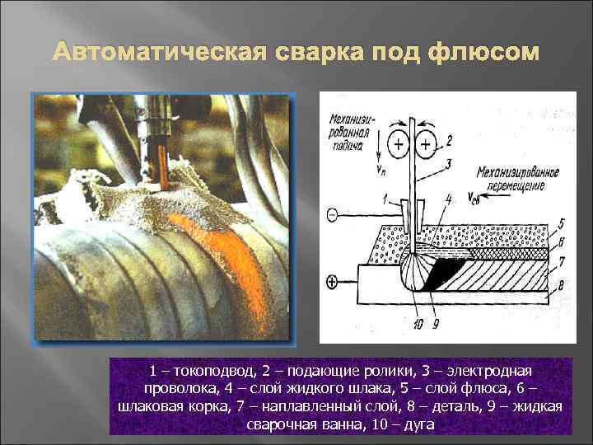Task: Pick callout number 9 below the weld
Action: tap(435, 324)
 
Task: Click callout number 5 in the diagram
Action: tap(560, 222)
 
